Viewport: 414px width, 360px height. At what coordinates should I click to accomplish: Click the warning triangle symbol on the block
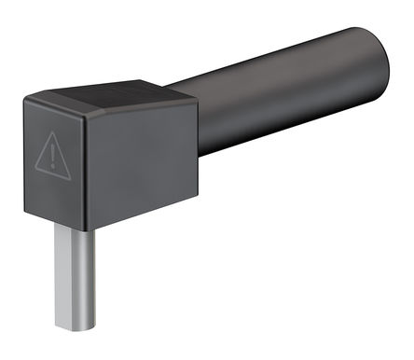tap(54, 155)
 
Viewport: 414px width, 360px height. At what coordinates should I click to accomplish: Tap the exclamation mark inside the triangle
tap(54, 158)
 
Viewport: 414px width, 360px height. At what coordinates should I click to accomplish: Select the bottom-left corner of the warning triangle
tap(35, 171)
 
